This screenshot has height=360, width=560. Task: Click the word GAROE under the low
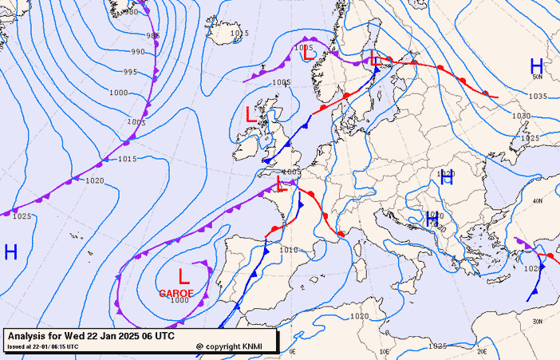(x=176, y=293)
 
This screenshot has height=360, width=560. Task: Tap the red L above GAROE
(x=184, y=277)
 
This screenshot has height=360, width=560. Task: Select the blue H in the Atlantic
(x=10, y=252)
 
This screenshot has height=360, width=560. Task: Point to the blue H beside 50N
(x=536, y=67)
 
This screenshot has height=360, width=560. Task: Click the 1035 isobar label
(x=538, y=97)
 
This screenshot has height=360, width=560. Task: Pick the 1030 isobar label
(x=521, y=117)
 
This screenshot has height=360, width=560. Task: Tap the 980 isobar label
(x=129, y=12)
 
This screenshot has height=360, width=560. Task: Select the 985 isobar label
(x=152, y=36)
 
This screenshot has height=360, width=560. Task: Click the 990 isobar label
(x=138, y=52)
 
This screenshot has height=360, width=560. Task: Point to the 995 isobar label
(x=130, y=73)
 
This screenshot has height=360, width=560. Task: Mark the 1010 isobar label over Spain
(x=288, y=250)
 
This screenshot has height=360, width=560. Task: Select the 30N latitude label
(x=537, y=321)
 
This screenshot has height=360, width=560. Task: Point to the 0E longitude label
(x=292, y=351)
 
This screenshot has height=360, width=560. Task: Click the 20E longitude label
(x=482, y=350)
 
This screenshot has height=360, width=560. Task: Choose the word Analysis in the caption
(x=31, y=336)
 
